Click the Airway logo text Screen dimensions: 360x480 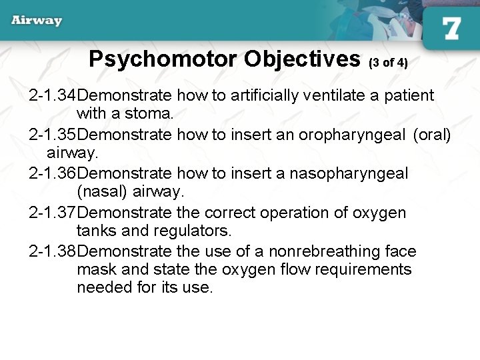coord(37,20)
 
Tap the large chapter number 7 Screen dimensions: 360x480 coord(451,29)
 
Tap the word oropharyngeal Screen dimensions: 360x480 coord(351,135)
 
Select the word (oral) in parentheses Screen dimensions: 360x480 coord(432,135)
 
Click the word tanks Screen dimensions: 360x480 coord(96,231)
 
